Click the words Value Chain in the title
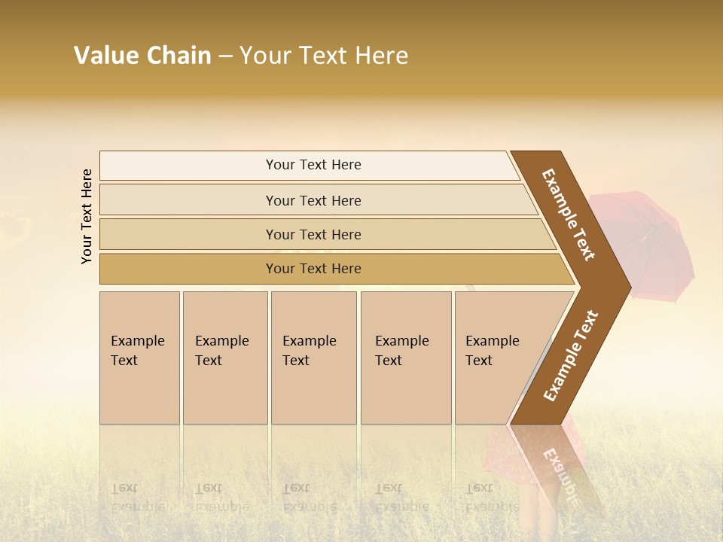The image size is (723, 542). click(142, 56)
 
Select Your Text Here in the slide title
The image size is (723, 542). click(324, 56)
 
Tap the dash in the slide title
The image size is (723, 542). click(225, 56)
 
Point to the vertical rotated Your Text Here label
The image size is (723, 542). click(87, 216)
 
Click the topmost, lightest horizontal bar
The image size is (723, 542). click(313, 165)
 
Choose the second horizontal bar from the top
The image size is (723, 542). click(313, 200)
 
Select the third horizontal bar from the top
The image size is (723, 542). click(313, 234)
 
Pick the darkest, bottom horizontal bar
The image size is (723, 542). click(313, 269)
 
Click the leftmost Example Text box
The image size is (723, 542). click(139, 358)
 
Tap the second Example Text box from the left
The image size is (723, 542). click(225, 358)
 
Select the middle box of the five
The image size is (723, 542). click(313, 358)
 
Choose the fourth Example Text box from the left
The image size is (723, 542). click(406, 358)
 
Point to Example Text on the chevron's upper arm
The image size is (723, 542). click(569, 215)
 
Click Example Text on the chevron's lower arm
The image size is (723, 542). click(571, 356)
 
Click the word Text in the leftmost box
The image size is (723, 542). click(124, 361)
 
